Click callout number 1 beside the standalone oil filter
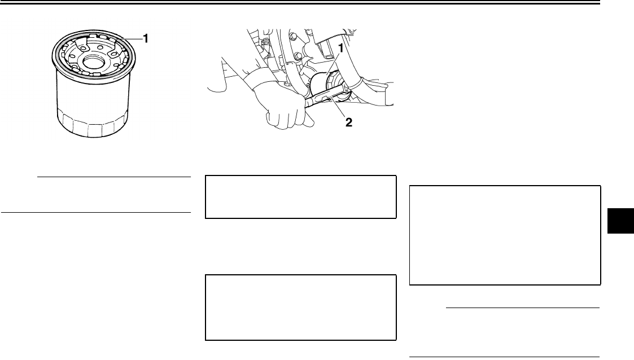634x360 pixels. pos(146,38)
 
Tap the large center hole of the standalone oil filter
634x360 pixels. pos(93,60)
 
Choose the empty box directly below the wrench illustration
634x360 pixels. pos(300,197)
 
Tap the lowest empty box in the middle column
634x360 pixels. pos(300,308)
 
